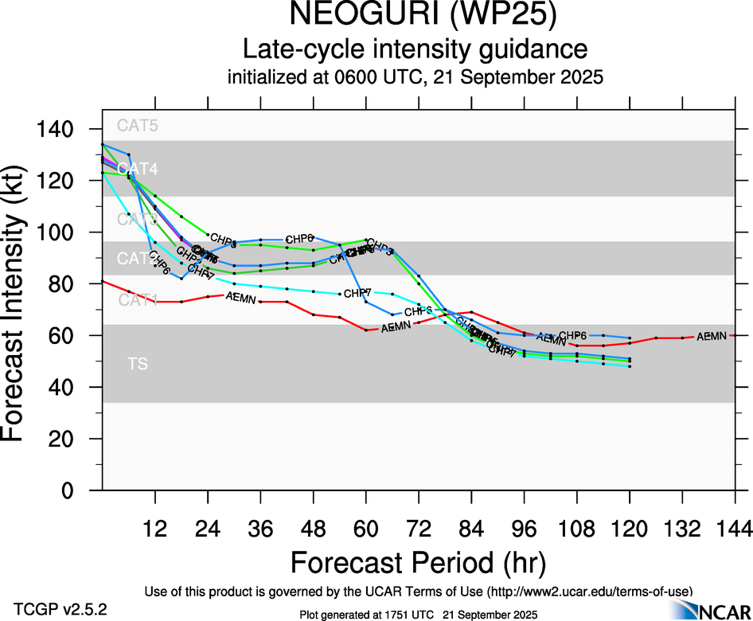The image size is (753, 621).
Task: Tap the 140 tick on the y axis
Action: click(x=58, y=130)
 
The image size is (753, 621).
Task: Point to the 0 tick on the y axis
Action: click(x=70, y=490)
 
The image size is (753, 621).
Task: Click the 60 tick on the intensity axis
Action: click(x=63, y=336)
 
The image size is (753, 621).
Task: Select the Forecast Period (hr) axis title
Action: click(x=418, y=562)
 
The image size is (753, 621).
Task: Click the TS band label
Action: click(x=137, y=364)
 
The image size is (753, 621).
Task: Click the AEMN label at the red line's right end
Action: click(x=712, y=337)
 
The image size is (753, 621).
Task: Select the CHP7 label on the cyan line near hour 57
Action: click(x=358, y=293)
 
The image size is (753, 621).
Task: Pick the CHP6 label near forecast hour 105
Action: click(x=573, y=336)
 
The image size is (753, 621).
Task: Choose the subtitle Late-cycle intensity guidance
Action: click(x=415, y=49)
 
